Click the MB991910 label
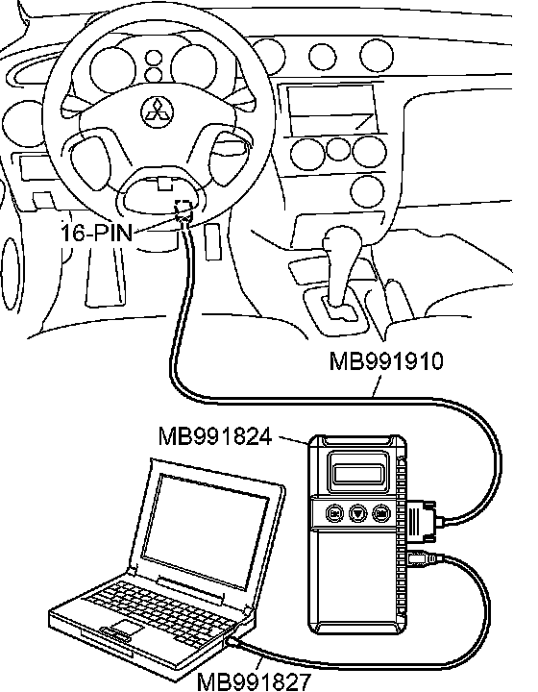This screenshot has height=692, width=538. point(386,361)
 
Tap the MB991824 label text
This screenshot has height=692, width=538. point(215,436)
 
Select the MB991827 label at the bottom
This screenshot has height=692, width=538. point(254,681)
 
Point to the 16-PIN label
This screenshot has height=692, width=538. point(97,233)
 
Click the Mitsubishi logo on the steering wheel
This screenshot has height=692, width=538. point(158,112)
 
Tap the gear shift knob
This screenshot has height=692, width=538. point(343,241)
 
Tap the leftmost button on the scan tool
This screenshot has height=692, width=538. point(334,513)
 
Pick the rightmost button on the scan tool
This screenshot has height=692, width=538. point(381,513)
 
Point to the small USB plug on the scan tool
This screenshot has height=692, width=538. point(423,559)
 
